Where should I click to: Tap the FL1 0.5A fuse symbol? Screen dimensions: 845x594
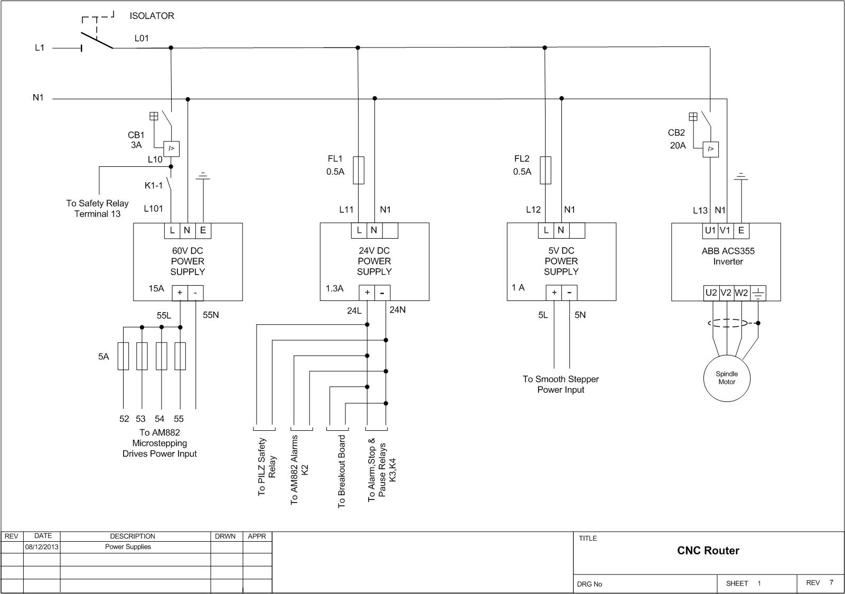tap(359, 170)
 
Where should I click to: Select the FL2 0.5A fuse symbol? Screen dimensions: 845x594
tap(546, 170)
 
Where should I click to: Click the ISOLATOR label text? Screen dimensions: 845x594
tap(152, 16)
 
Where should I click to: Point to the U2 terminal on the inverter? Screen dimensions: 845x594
tap(711, 293)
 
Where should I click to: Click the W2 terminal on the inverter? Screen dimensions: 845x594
tap(741, 293)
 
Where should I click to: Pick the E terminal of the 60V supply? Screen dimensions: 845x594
tap(203, 230)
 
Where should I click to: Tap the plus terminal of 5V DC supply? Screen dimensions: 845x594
tap(554, 293)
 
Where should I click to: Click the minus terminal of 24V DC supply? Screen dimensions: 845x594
tap(382, 293)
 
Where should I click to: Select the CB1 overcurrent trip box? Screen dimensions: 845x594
tap(171, 148)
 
